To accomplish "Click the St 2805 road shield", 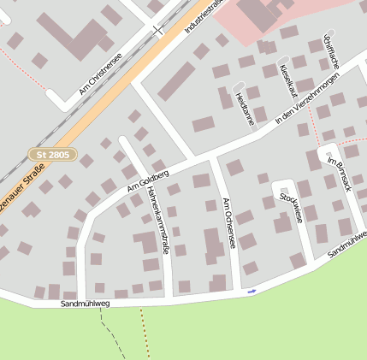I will click(x=53, y=155).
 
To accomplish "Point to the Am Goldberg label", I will click(x=148, y=180).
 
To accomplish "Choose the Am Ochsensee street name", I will click(x=228, y=224).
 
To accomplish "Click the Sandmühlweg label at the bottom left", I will click(x=86, y=304).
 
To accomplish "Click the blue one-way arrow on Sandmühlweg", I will click(x=252, y=292).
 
